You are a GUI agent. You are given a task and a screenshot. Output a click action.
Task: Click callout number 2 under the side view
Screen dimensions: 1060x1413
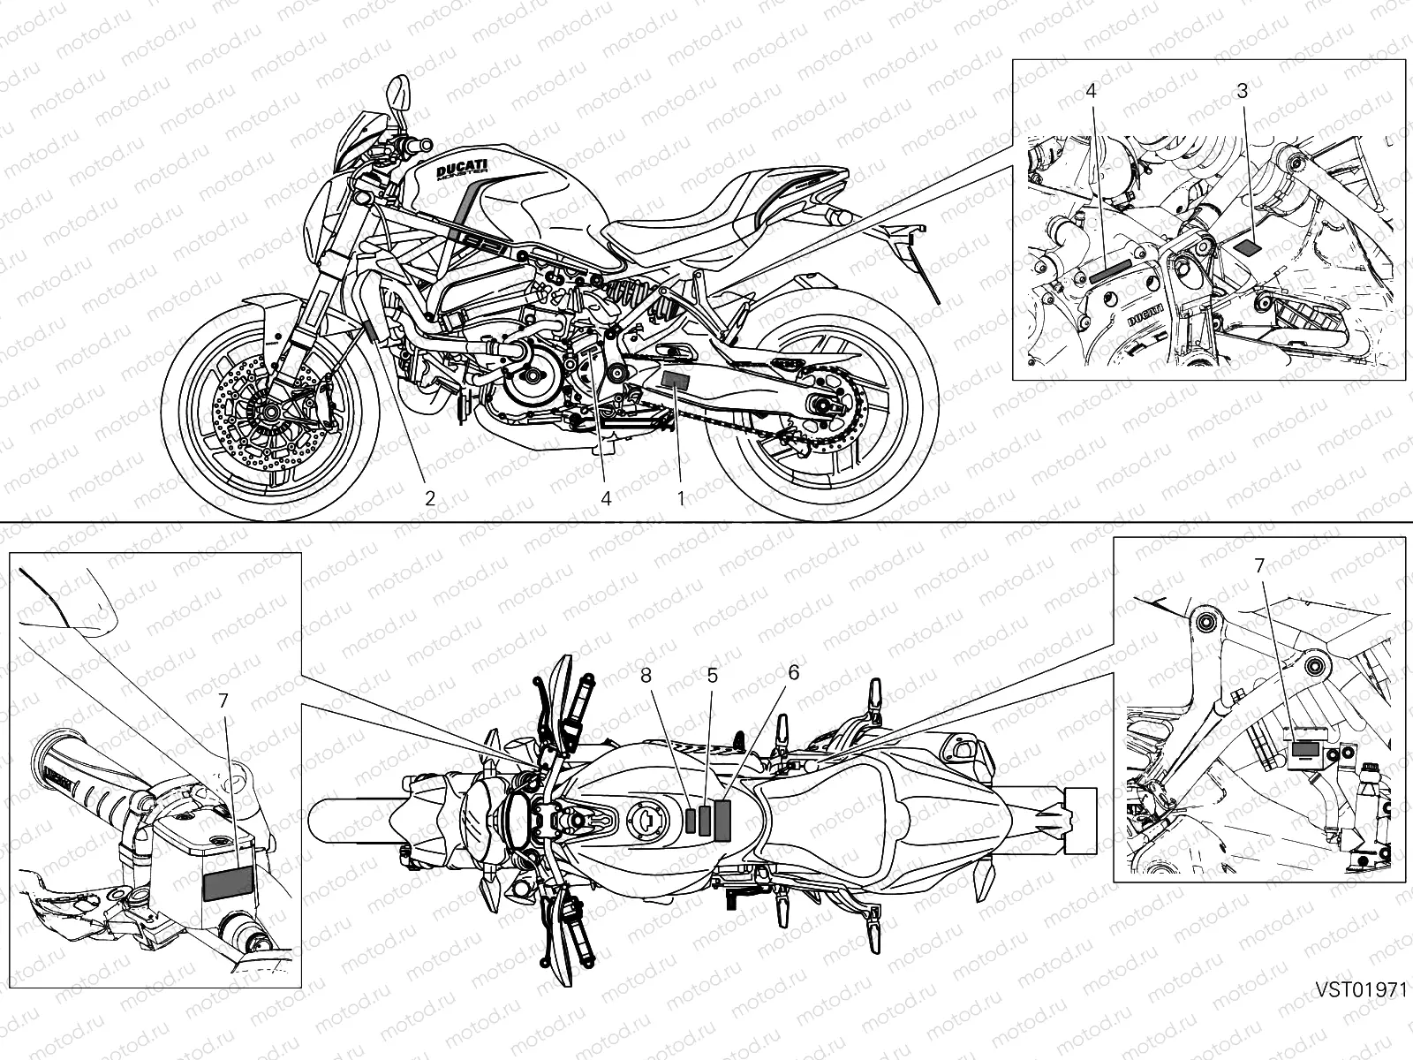pyautogui.click(x=430, y=497)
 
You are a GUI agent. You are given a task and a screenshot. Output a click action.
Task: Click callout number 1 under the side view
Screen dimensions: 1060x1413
pyautogui.click(x=681, y=497)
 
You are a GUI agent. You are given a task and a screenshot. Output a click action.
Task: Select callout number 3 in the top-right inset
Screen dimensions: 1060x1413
pyautogui.click(x=1243, y=90)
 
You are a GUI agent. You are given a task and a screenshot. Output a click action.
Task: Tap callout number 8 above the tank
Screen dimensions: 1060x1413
pyautogui.click(x=647, y=675)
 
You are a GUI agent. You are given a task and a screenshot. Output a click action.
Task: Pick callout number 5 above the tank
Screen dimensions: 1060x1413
pyautogui.click(x=712, y=675)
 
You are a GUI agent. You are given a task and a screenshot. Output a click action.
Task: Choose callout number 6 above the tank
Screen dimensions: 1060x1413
pyautogui.click(x=793, y=672)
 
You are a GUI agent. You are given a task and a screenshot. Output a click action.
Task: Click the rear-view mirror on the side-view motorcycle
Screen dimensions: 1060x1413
pyautogui.click(x=399, y=91)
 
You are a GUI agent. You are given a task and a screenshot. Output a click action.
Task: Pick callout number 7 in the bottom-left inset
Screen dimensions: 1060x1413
pyautogui.click(x=223, y=700)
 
